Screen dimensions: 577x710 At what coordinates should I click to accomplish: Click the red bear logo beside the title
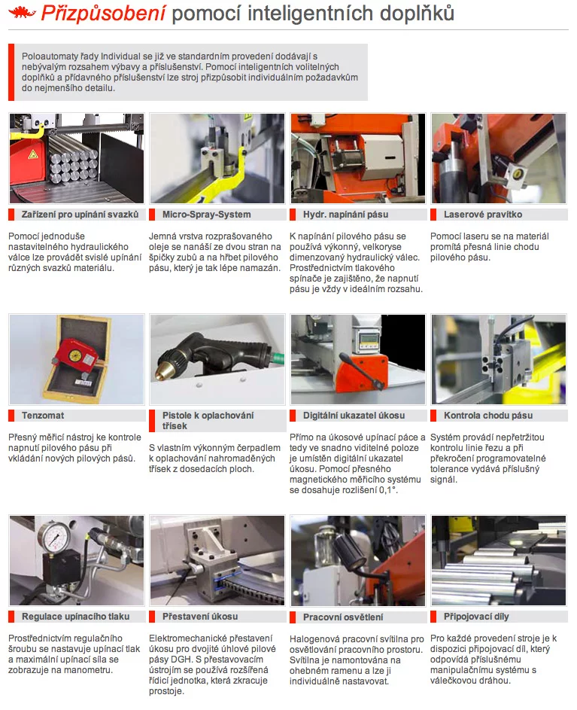[22, 13]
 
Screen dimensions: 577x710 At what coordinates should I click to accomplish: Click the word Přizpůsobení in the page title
[104, 14]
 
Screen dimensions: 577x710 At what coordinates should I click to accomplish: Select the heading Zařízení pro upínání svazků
[80, 214]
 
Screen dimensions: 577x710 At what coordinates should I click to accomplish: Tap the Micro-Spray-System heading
[206, 214]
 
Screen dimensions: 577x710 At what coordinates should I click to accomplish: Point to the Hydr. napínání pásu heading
[346, 214]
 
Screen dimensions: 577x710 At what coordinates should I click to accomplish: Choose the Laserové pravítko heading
[483, 214]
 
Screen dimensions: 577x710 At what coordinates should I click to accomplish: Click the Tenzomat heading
[43, 415]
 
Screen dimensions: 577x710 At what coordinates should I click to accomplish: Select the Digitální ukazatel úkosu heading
[354, 415]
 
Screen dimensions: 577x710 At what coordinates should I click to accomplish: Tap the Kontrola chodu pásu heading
[488, 415]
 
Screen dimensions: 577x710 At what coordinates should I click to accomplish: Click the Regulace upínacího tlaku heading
[75, 617]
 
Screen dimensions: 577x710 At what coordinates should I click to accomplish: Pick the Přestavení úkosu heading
[200, 617]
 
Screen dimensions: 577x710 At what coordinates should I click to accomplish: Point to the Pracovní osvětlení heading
[343, 617]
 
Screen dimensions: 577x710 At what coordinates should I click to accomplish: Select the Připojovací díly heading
[476, 617]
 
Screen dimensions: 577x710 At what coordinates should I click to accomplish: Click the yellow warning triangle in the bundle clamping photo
[33, 155]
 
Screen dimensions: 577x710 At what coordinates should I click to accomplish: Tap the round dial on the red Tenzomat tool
[74, 355]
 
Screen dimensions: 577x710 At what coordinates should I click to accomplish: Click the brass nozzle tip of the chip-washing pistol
[162, 373]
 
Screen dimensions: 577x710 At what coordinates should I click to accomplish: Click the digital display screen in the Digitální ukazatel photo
[366, 340]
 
